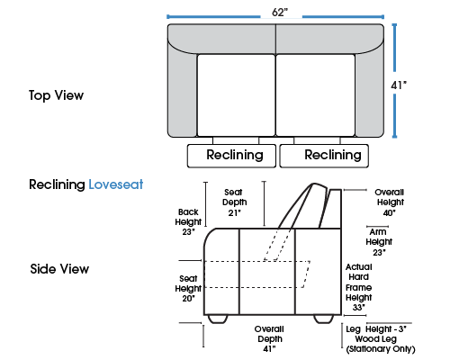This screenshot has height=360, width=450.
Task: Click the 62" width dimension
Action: pyautogui.click(x=280, y=12)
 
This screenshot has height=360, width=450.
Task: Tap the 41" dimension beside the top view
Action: pyautogui.click(x=399, y=85)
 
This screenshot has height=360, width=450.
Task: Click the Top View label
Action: pyautogui.click(x=56, y=95)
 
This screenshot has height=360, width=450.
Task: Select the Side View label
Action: pyautogui.click(x=59, y=269)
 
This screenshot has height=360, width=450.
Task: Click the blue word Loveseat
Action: pyautogui.click(x=116, y=184)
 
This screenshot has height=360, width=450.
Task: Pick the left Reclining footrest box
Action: pyautogui.click(x=231, y=156)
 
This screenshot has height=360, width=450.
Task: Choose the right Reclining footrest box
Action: pyautogui.click(x=324, y=156)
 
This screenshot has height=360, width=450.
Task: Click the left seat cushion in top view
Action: pyautogui.click(x=236, y=95)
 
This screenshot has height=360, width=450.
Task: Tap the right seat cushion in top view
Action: pyautogui.click(x=316, y=95)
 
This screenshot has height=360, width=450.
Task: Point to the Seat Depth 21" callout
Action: pyautogui.click(x=235, y=202)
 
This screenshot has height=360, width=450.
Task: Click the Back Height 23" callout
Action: pyautogui.click(x=188, y=222)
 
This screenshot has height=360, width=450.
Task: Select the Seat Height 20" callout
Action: pyautogui.click(x=188, y=289)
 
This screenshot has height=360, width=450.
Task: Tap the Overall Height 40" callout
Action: pyautogui.click(x=390, y=202)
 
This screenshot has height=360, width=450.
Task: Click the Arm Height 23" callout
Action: pyautogui.click(x=379, y=242)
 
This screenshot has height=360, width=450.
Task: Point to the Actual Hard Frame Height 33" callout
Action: pyautogui.click(x=359, y=287)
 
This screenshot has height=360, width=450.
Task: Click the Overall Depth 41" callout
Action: pyautogui.click(x=269, y=339)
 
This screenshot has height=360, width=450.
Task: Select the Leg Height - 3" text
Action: pyautogui.click(x=376, y=329)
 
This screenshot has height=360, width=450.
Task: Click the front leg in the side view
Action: pyautogui.click(x=218, y=319)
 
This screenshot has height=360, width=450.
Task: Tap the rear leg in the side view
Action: pyautogui.click(x=324, y=319)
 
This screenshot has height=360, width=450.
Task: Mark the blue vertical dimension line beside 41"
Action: pyautogui.click(x=394, y=81)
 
